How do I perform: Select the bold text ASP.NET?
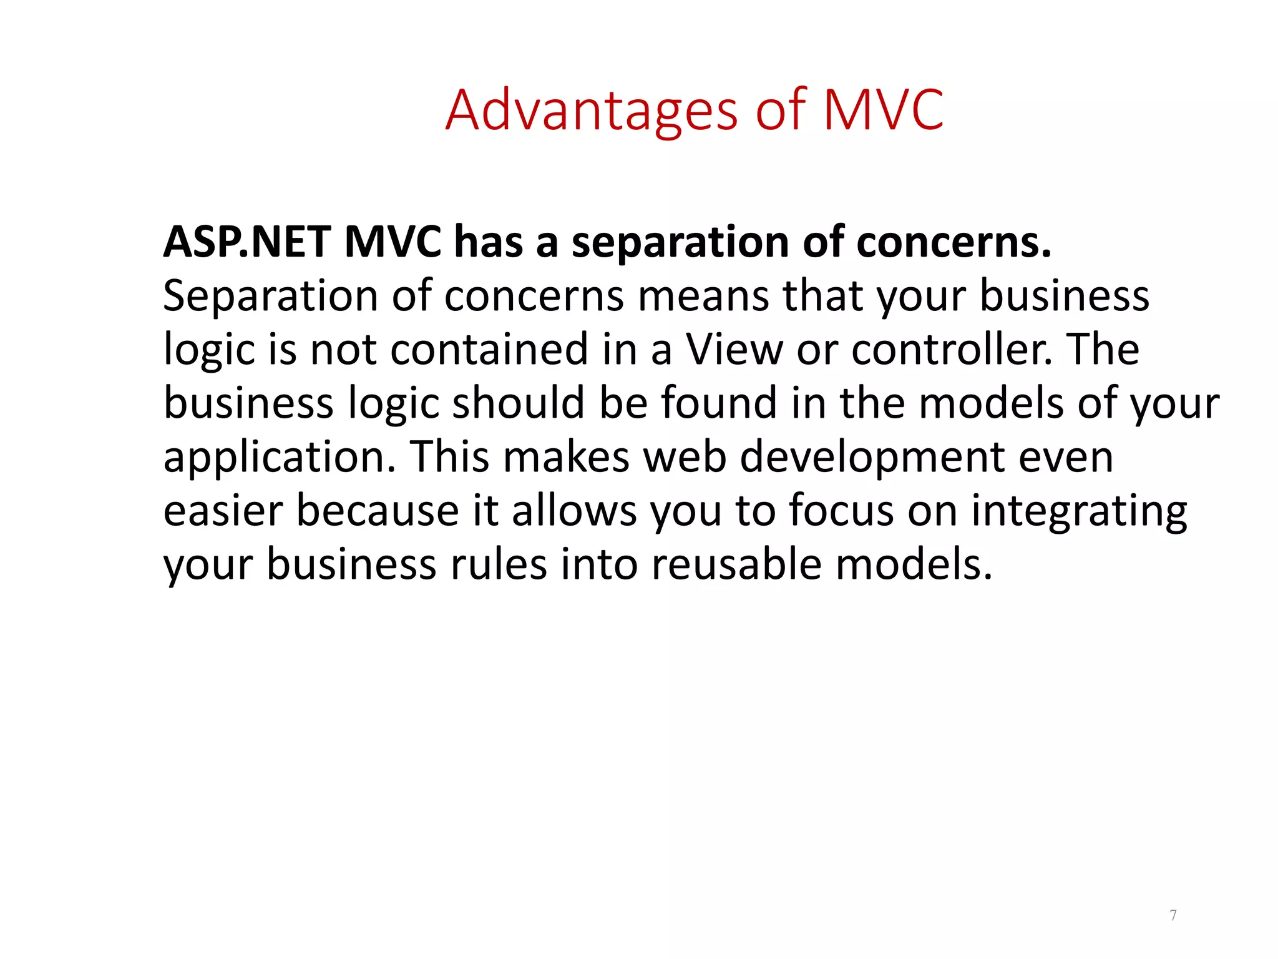tap(246, 242)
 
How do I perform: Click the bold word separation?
tap(680, 242)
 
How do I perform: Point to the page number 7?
tap(1173, 915)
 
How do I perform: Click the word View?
tap(734, 349)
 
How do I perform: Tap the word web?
tap(685, 456)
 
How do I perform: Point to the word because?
tap(377, 511)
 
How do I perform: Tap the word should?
tap(518, 403)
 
